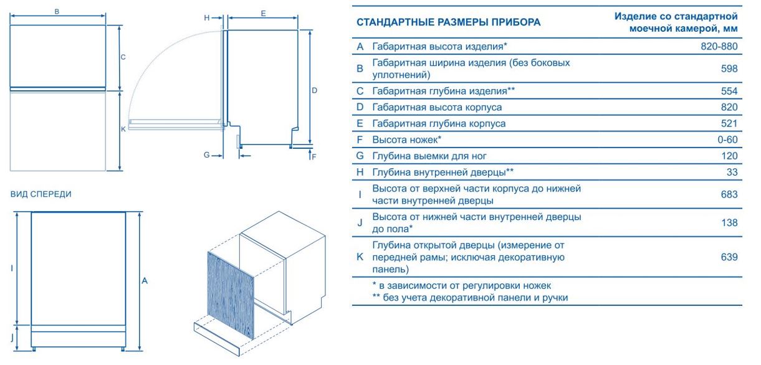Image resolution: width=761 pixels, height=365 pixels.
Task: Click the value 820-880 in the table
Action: click(x=719, y=46)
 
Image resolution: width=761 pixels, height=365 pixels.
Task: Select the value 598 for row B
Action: click(x=729, y=69)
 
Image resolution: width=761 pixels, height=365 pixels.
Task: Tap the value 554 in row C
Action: click(x=729, y=91)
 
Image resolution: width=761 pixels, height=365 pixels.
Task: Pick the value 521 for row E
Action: click(x=729, y=123)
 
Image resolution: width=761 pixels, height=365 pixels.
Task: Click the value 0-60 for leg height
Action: click(x=727, y=140)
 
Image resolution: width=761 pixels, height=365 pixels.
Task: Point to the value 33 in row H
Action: click(x=732, y=172)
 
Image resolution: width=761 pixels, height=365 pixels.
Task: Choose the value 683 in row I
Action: click(x=729, y=194)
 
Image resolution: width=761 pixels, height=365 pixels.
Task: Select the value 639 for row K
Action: click(x=729, y=257)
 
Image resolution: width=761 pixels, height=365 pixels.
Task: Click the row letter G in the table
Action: click(x=360, y=156)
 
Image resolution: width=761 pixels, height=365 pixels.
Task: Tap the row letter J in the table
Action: click(x=360, y=223)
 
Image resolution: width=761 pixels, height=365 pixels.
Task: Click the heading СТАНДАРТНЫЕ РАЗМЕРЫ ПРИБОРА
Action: click(x=449, y=22)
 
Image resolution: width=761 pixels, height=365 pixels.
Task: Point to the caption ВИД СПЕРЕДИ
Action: click(x=41, y=194)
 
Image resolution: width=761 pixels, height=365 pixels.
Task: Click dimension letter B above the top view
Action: click(x=57, y=12)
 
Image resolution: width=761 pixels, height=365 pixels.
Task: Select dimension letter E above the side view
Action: click(x=263, y=14)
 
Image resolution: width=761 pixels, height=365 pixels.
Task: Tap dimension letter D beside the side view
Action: click(x=314, y=91)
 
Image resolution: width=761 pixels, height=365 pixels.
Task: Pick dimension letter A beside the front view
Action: click(x=145, y=281)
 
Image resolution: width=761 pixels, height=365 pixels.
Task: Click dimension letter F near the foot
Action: click(x=313, y=157)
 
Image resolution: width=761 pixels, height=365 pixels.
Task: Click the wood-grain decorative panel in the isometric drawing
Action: click(x=231, y=295)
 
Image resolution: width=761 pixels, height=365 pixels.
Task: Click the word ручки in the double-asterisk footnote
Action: click(x=555, y=298)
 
